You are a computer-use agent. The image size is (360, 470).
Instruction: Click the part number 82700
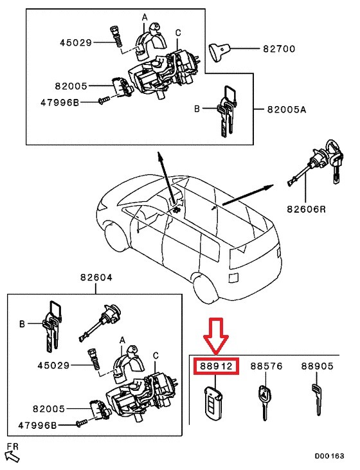tap(277, 48)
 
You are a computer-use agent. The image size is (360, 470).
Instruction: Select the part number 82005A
tap(286, 110)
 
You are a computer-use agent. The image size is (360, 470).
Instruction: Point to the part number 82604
tap(96, 278)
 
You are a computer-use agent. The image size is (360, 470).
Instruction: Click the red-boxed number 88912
tap(217, 366)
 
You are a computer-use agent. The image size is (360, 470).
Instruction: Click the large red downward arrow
tap(217, 334)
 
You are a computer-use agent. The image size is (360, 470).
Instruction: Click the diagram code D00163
tap(329, 456)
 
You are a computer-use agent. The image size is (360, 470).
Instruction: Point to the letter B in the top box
tap(197, 110)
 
